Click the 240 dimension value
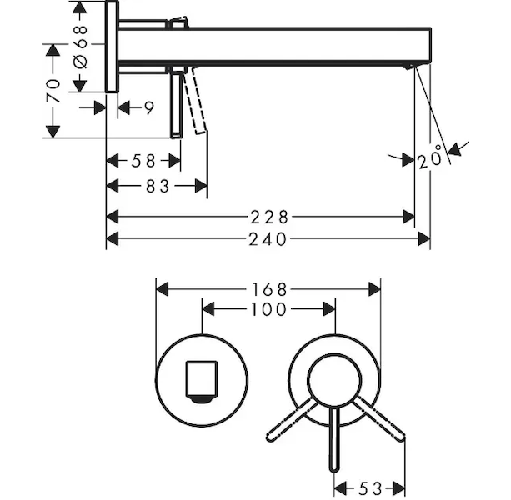268,239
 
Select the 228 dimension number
269,217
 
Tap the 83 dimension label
158,187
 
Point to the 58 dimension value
143,161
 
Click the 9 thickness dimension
149,107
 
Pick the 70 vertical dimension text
53,91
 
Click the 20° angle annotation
430,157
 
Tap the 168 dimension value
269,289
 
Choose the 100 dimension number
269,309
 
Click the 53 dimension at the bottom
370,488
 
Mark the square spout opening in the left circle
202,381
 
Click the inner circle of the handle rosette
334,381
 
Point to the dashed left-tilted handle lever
292,419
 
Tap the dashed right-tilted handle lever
378,419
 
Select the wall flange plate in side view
112,47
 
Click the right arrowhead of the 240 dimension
424,239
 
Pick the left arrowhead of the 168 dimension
163,289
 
